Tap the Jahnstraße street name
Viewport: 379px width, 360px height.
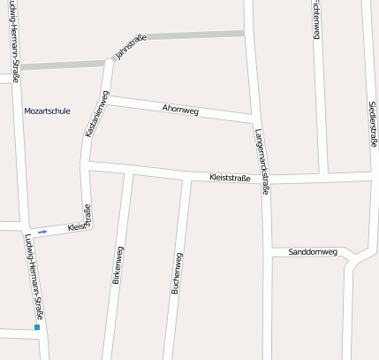point(130,49)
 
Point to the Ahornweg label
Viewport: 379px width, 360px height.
point(180,109)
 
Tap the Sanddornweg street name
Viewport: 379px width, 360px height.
point(313,252)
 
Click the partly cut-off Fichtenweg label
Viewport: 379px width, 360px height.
point(315,19)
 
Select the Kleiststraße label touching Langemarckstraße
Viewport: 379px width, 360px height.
point(231,178)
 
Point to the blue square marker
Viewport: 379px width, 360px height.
point(37,328)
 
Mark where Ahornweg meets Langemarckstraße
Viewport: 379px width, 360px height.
point(256,119)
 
